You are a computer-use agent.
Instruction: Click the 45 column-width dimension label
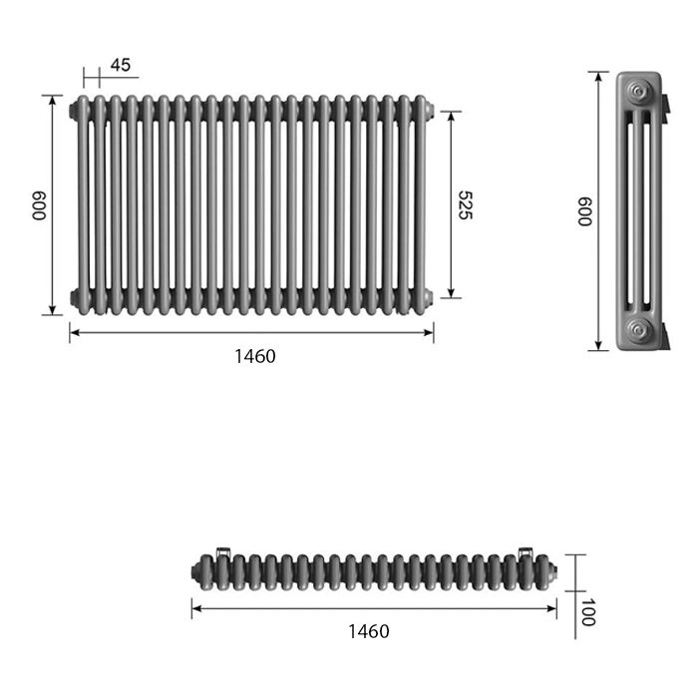coord(121,65)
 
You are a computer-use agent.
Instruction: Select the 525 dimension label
coord(465,205)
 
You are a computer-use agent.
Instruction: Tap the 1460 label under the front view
coord(255,356)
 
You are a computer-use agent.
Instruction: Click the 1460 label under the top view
coord(369,631)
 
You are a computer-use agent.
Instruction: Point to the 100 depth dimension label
coord(588,612)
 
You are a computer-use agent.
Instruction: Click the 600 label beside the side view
coord(584,211)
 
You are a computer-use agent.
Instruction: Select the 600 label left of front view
coord(39,205)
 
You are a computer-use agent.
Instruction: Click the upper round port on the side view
coord(639,92)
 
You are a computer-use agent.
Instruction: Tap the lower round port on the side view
coord(639,330)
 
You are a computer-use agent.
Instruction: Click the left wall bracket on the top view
coord(223,552)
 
